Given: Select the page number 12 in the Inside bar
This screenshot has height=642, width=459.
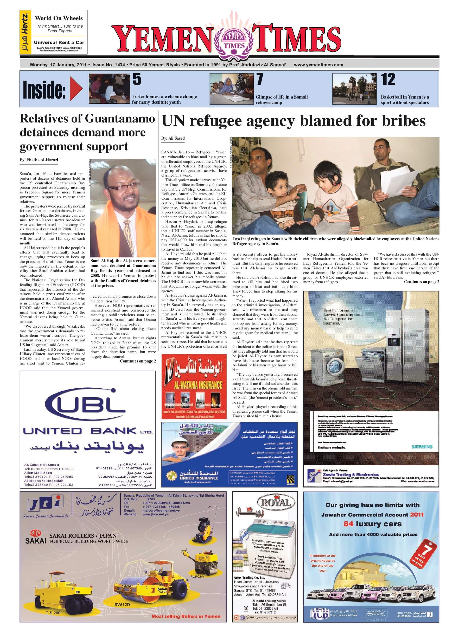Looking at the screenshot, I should click(x=388, y=79).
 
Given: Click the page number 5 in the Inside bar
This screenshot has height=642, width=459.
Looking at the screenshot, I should click(x=137, y=79).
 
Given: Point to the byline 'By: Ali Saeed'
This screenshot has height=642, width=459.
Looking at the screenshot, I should click(x=173, y=138).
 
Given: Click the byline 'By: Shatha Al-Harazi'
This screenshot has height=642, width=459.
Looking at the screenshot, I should click(x=39, y=160).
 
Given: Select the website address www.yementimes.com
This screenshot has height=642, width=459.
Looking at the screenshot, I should click(x=318, y=65).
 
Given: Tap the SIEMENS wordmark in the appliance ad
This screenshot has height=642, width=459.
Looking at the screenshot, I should click(x=422, y=446).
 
